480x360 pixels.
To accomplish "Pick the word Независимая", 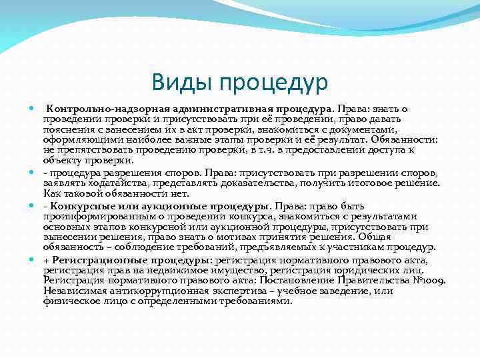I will [x=73, y=291].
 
